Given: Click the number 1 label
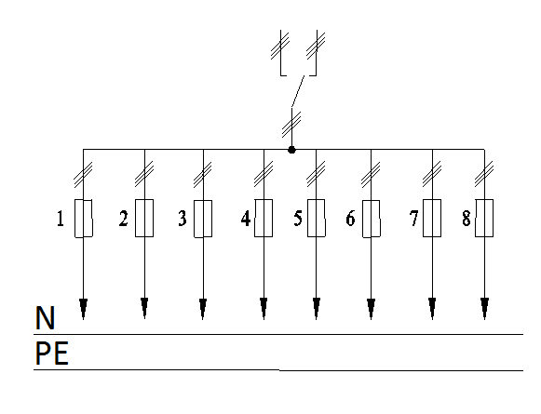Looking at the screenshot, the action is coord(61,219).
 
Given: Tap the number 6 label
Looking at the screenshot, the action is coord(350,219).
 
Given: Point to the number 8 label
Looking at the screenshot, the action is coord(467,219).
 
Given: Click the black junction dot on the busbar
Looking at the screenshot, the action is coord(291,150).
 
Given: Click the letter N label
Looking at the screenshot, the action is coord(45,318).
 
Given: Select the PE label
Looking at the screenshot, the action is coord(52,353).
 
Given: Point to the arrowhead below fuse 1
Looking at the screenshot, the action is coord(83,309).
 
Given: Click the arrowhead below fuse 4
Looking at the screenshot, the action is coord(264,309).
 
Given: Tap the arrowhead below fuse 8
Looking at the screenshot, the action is coord(484,309).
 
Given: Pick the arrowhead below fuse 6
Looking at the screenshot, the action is coord(371,309).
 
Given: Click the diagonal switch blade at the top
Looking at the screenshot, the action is coord(298,91).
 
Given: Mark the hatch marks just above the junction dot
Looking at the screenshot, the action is coord(291,125).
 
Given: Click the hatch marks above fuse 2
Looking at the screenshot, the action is coord(144,174).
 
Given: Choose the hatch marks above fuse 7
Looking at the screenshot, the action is coord(432,174).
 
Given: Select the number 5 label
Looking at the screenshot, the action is coord(298,219).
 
